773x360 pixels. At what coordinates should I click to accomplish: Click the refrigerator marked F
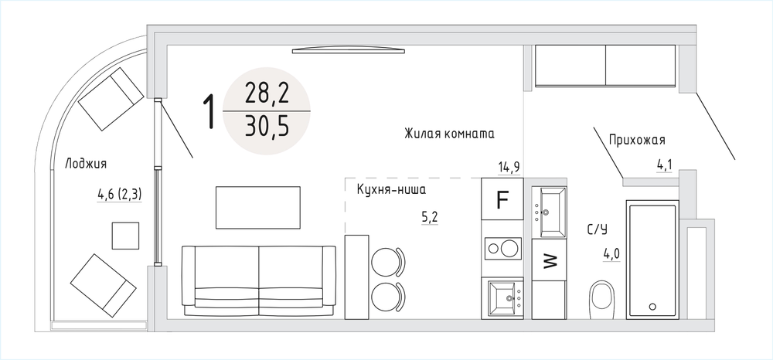point(502,199)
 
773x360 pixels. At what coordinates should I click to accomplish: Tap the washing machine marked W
point(549,260)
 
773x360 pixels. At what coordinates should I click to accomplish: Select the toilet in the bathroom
point(601,300)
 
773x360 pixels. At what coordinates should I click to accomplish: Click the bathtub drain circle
point(652,307)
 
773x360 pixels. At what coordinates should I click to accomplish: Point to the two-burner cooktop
point(502,248)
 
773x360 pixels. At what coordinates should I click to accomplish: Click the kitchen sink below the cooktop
point(502,297)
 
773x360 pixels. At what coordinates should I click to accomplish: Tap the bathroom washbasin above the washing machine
point(549,212)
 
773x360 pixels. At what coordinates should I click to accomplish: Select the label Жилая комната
point(449,134)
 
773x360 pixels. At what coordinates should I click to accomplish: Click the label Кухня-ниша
point(391,189)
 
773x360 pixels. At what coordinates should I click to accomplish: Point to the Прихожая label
point(637,141)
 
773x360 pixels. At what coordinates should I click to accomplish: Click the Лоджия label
point(86,164)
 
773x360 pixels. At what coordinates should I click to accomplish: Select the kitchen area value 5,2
point(429,216)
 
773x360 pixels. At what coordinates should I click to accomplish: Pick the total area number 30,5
point(267,127)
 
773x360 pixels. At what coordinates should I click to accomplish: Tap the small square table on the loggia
point(125,236)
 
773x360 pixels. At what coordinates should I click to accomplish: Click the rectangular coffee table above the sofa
point(258,207)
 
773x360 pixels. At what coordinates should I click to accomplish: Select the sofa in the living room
point(259,281)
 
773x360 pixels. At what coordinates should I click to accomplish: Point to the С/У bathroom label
point(598,229)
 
